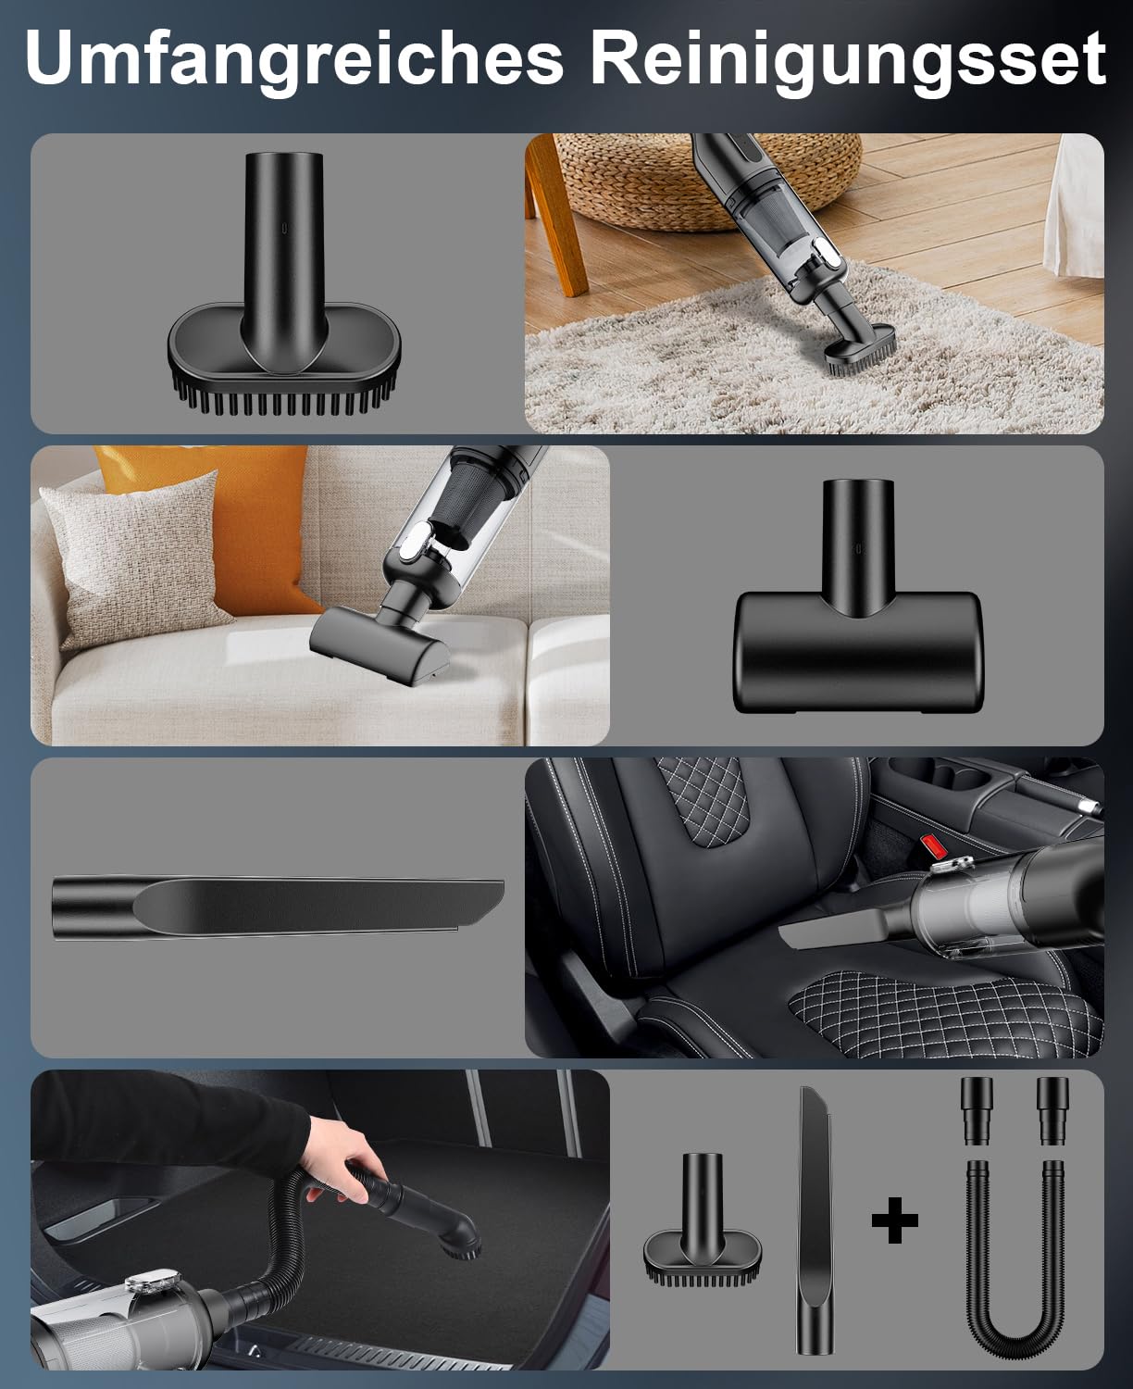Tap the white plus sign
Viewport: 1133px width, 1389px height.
895,1220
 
